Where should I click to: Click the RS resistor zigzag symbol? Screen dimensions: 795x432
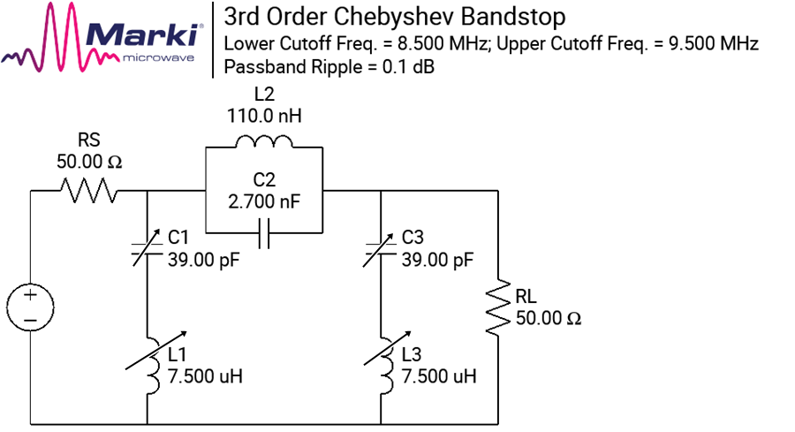(89, 191)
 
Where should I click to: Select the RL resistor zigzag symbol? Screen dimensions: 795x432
(497, 307)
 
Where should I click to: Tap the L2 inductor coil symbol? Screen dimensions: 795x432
(263, 141)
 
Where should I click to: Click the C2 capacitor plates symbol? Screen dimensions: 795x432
(263, 233)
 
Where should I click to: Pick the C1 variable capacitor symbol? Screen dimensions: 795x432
(147, 247)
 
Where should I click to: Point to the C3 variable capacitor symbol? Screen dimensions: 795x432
(380, 247)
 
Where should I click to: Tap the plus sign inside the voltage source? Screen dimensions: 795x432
(30, 294)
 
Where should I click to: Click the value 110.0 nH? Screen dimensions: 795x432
(264, 116)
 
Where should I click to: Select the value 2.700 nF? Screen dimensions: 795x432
(264, 201)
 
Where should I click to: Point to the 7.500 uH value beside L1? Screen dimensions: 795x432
(205, 376)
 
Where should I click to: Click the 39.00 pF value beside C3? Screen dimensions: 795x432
(437, 260)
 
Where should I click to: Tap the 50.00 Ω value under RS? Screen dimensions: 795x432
(89, 162)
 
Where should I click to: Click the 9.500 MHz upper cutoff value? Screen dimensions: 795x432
(714, 43)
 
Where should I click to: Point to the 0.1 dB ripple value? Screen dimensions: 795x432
(408, 67)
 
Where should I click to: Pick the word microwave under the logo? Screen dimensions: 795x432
(159, 58)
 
